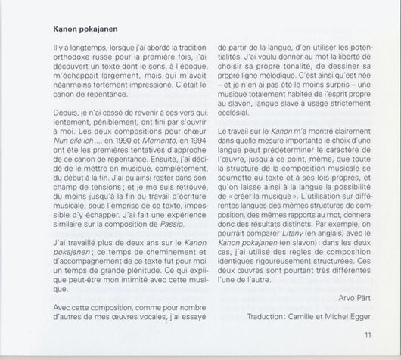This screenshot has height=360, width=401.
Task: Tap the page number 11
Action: point(368,337)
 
